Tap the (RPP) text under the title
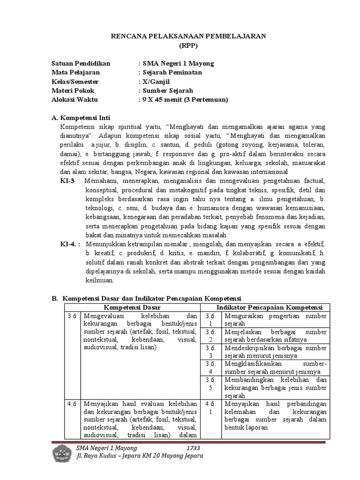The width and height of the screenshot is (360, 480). click(x=189, y=45)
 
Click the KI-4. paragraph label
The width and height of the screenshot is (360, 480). click(x=71, y=244)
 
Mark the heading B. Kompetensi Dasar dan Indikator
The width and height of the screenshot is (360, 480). click(x=146, y=298)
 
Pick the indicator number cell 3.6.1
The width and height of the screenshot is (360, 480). click(x=210, y=320)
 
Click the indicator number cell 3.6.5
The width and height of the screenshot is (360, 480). click(x=210, y=384)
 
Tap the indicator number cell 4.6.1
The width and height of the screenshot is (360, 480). click(x=210, y=407)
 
